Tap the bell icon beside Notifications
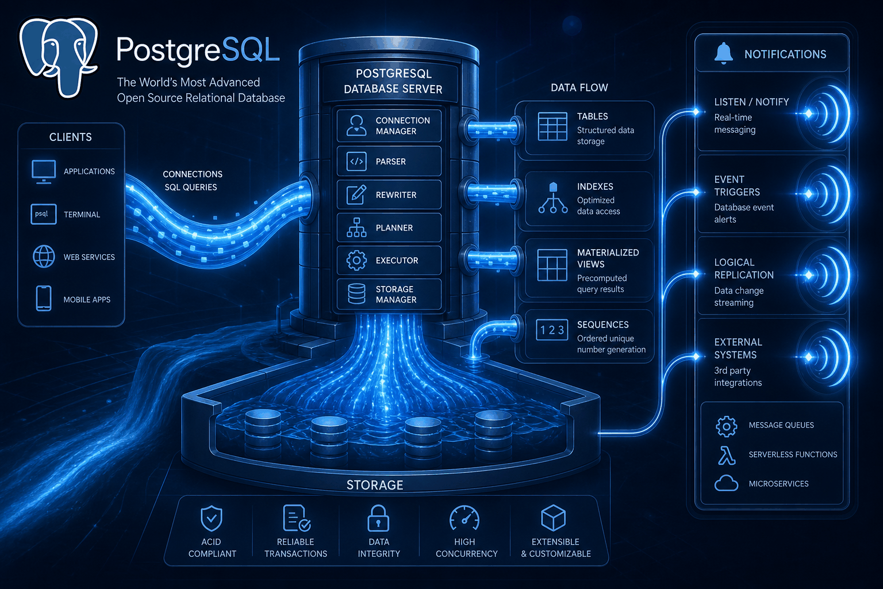point(723,53)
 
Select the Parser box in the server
point(389,161)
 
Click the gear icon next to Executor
point(356,261)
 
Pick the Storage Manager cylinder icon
point(356,294)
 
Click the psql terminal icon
point(43,214)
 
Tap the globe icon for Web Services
point(43,257)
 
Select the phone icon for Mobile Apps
point(43,299)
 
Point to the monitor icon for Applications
point(43,171)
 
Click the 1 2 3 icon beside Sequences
point(552,330)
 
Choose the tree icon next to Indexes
point(553,198)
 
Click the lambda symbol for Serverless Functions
point(726,455)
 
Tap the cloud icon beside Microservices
point(726,483)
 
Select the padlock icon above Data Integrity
point(378,518)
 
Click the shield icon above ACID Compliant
point(212,518)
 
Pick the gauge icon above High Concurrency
point(464,518)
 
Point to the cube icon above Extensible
point(554,518)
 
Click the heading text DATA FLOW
point(579,87)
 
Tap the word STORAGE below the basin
point(374,485)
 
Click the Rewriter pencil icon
point(356,194)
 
